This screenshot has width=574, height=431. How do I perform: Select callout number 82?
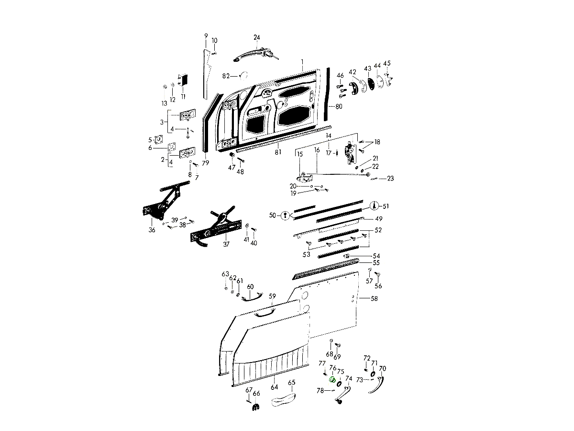[226, 76]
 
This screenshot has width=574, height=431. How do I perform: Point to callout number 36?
[152, 230]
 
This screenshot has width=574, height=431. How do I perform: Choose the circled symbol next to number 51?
[374, 206]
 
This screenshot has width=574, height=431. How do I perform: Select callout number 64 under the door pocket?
[274, 387]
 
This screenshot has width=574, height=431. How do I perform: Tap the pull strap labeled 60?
[252, 298]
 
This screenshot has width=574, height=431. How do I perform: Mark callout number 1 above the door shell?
[302, 62]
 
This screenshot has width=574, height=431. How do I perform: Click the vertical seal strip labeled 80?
[328, 93]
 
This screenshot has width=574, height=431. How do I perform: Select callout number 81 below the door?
[277, 152]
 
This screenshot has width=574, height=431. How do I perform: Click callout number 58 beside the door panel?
[374, 298]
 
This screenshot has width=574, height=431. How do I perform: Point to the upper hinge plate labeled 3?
[188, 116]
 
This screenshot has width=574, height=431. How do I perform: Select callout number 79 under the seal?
[205, 163]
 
